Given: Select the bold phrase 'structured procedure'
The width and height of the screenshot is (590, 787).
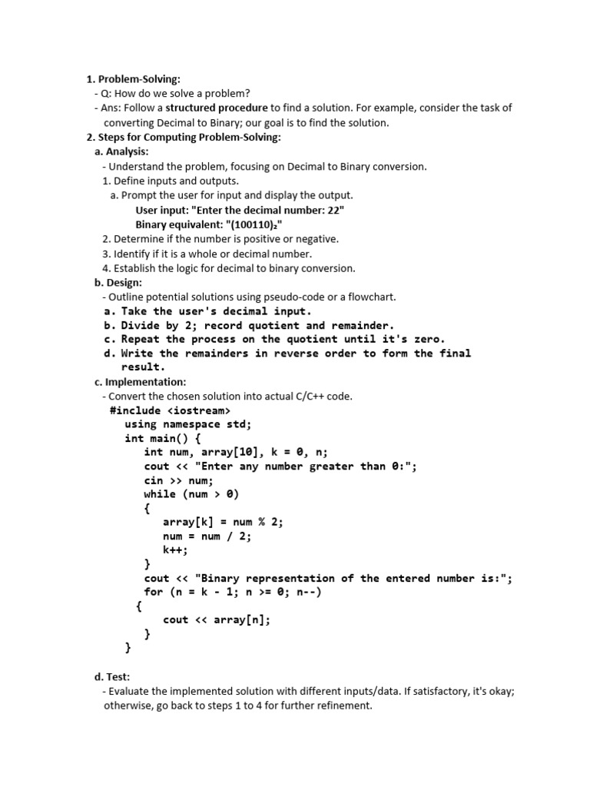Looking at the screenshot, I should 217,108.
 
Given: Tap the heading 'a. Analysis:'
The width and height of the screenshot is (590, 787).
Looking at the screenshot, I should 121,151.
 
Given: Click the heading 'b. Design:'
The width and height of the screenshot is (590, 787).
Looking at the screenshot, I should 118,283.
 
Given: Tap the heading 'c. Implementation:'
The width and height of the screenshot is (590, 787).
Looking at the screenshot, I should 140,382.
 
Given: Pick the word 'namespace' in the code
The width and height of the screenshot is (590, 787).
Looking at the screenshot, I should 191,424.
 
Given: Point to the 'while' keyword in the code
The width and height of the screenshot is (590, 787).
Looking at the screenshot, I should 160,494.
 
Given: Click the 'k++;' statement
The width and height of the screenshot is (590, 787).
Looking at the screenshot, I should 175,550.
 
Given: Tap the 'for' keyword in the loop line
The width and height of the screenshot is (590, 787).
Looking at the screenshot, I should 154,592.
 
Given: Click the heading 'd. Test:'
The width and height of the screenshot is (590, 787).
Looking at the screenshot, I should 111,676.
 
